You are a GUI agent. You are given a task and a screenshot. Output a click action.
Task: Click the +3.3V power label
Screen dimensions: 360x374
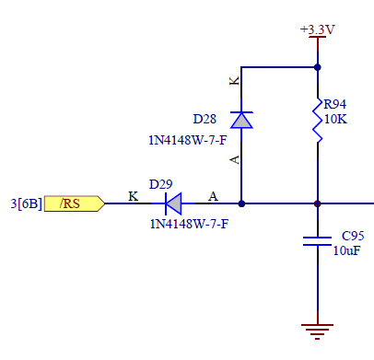pyautogui.click(x=317, y=29)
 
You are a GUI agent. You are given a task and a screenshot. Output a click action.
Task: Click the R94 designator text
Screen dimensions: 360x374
pyautogui.click(x=334, y=104)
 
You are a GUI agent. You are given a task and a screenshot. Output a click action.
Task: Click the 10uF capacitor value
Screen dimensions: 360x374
pyautogui.click(x=345, y=250)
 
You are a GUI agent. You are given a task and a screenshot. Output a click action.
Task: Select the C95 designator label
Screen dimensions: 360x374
pyautogui.click(x=352, y=235)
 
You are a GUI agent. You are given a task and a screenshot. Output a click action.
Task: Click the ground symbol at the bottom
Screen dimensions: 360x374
pyautogui.click(x=317, y=330)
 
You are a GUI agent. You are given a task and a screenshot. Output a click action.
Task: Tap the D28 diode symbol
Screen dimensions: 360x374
pyautogui.click(x=240, y=120)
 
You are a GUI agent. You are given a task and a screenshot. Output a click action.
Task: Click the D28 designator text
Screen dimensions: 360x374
pyautogui.click(x=205, y=120)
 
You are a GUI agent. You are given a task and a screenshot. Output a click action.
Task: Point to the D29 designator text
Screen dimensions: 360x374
pyautogui.click(x=161, y=186)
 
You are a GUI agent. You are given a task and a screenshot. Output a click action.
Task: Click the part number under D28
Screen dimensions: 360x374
pyautogui.click(x=188, y=141)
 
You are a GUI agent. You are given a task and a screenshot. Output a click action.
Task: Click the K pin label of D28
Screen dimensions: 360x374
pyautogui.click(x=233, y=82)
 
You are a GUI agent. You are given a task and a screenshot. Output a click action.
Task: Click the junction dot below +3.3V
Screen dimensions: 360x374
pyautogui.click(x=317, y=67)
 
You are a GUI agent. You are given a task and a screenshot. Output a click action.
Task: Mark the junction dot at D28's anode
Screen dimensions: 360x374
pyautogui.click(x=240, y=203)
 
